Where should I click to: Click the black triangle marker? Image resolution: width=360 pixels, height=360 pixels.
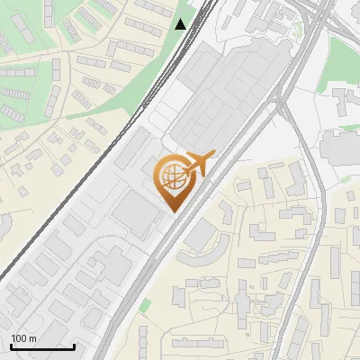coord(181,24)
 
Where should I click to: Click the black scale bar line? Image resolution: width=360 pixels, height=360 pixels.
coord(42,346)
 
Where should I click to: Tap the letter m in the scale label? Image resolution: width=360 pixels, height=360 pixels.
coord(31,338)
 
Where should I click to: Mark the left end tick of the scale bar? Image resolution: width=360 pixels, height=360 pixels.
coord(10,345)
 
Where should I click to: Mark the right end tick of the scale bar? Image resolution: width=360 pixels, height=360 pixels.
coord(75,345)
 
